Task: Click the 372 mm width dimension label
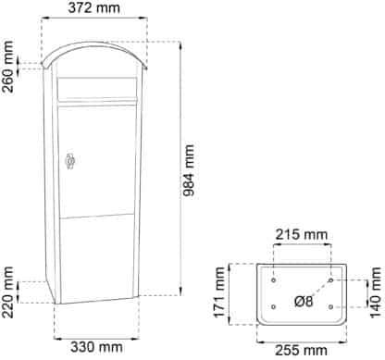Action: (x=94, y=7)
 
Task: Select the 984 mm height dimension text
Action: (x=188, y=170)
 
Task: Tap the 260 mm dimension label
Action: (x=7, y=67)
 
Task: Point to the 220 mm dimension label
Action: (x=7, y=292)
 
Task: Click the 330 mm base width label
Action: (x=96, y=347)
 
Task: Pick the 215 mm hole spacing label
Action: (x=302, y=234)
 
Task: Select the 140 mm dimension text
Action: (x=375, y=292)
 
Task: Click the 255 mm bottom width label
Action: (x=301, y=351)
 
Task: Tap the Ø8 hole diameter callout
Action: (x=304, y=301)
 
